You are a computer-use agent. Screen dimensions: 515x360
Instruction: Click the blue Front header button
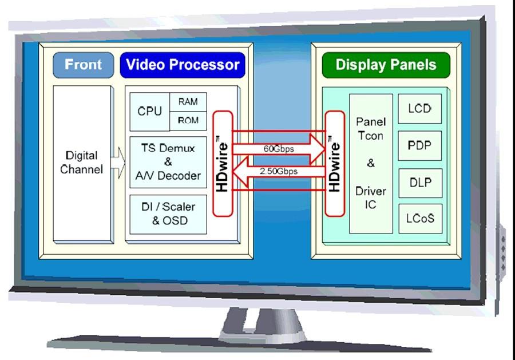[x=84, y=65]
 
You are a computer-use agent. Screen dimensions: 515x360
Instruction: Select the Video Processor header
[x=183, y=65]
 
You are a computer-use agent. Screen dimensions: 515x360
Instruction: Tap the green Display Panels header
[x=386, y=65]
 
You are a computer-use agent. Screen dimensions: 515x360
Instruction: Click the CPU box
[x=150, y=112]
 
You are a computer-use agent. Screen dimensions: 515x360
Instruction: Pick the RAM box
[x=188, y=102]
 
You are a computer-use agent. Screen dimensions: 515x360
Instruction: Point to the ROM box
[x=188, y=121]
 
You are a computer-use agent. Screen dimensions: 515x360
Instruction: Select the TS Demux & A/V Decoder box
[x=168, y=163]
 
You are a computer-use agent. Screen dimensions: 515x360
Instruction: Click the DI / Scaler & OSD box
[x=168, y=214]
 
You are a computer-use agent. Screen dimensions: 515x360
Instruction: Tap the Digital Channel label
[x=81, y=163]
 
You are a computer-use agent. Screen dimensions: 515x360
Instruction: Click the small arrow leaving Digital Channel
[x=118, y=163]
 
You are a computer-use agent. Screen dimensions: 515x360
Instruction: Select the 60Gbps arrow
[x=279, y=149]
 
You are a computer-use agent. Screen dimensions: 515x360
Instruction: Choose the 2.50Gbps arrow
[x=279, y=171]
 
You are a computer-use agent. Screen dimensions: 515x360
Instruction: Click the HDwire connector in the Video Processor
[x=223, y=164]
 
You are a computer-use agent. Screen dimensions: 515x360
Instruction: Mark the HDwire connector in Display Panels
[x=335, y=164]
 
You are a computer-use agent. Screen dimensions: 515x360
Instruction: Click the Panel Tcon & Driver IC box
[x=371, y=164]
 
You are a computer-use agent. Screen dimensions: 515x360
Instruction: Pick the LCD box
[x=420, y=109]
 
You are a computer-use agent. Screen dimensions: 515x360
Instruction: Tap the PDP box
[x=420, y=145]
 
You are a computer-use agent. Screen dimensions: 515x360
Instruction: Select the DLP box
[x=421, y=183]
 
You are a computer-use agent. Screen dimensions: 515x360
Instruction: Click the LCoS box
[x=421, y=219]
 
